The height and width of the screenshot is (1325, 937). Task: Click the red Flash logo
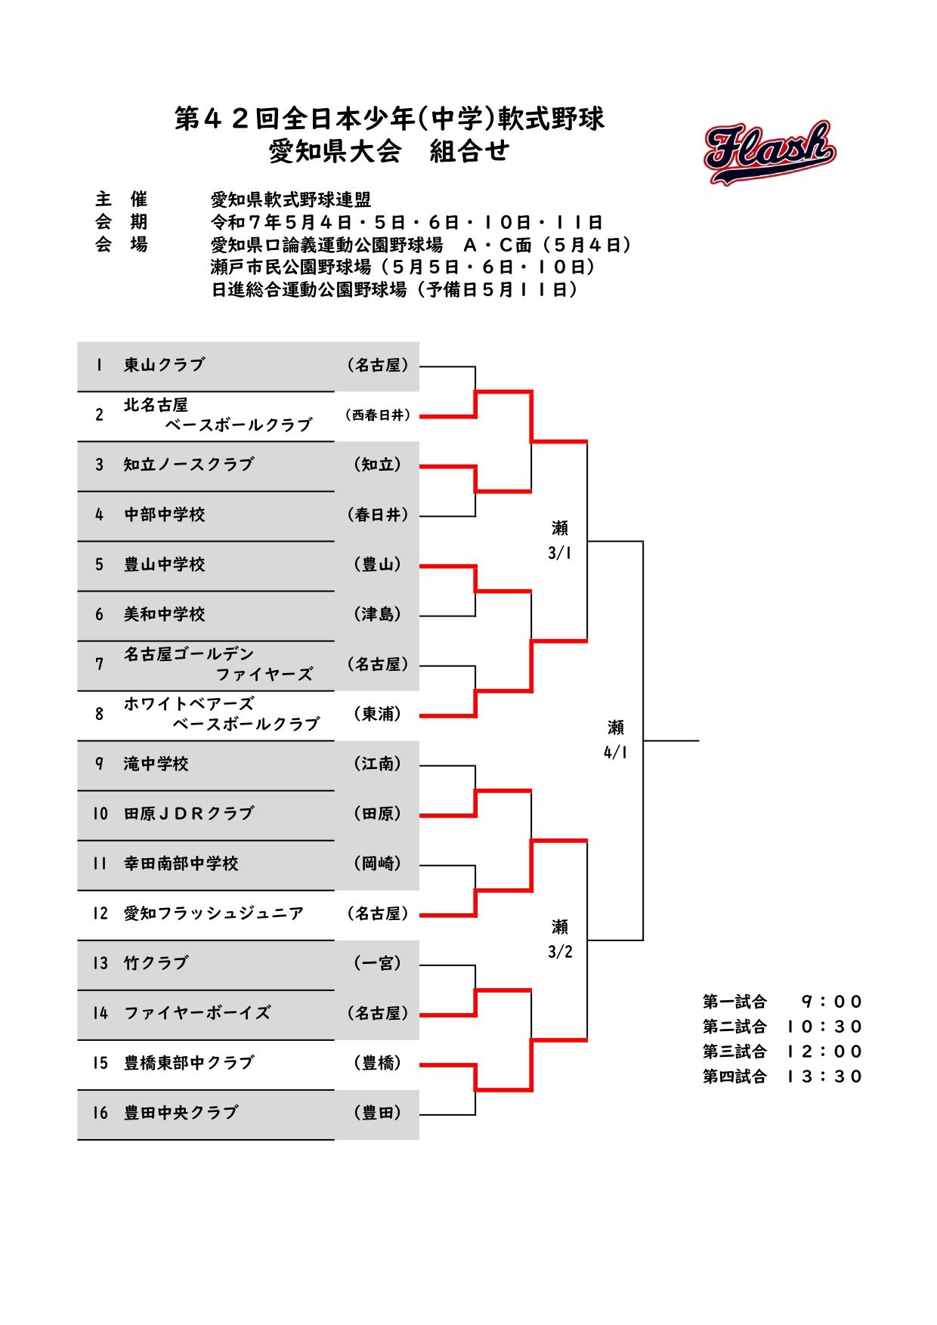pyautogui.click(x=769, y=152)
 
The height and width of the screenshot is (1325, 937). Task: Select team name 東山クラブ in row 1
pyautogui.click(x=165, y=365)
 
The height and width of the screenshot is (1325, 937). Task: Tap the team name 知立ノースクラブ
pyautogui.click(x=189, y=465)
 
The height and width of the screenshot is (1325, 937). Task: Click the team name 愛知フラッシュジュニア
pyautogui.click(x=214, y=913)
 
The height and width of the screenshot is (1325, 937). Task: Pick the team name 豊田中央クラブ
pyautogui.click(x=181, y=1113)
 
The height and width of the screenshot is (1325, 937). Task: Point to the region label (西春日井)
pyautogui.click(x=378, y=415)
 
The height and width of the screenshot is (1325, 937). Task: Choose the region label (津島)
pyautogui.click(x=378, y=614)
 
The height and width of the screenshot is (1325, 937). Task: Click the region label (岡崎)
pyautogui.click(x=378, y=863)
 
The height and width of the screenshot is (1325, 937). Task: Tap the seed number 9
pyautogui.click(x=99, y=764)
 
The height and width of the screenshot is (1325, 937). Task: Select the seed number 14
pyautogui.click(x=101, y=1013)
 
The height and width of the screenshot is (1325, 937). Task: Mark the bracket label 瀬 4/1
pyautogui.click(x=616, y=740)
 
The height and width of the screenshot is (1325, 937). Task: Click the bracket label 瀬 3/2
pyautogui.click(x=560, y=939)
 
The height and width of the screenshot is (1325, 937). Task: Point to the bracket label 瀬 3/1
pyautogui.click(x=560, y=540)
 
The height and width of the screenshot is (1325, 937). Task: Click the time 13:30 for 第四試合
pyautogui.click(x=824, y=1076)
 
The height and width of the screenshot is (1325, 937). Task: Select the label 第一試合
pyautogui.click(x=734, y=1002)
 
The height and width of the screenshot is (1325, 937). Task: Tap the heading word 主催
pyautogui.click(x=122, y=199)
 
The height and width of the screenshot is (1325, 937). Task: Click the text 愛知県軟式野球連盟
pyautogui.click(x=291, y=199)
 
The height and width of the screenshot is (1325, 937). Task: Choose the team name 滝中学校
pyautogui.click(x=156, y=764)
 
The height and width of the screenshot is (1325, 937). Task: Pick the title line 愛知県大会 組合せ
pyautogui.click(x=389, y=152)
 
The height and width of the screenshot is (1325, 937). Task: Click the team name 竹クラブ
pyautogui.click(x=156, y=963)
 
